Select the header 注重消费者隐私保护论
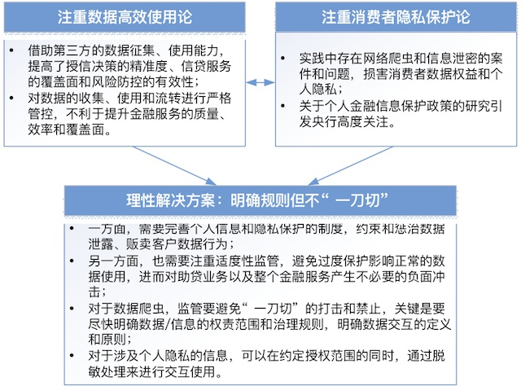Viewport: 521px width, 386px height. pyautogui.click(x=390, y=15)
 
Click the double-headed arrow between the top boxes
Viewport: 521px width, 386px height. pyautogui.click(x=260, y=81)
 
